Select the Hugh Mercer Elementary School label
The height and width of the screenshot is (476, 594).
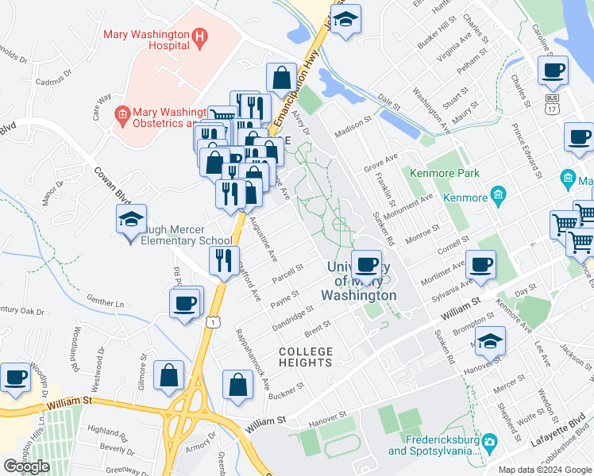(182, 240)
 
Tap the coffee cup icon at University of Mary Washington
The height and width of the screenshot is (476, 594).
(366, 265)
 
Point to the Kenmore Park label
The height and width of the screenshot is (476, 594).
(445, 172)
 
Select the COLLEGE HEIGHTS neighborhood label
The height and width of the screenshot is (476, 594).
(305, 356)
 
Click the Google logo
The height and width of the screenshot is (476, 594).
(26, 466)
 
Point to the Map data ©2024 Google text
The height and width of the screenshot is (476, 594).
(545, 470)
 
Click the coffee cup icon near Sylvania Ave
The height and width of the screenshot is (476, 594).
(481, 265)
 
